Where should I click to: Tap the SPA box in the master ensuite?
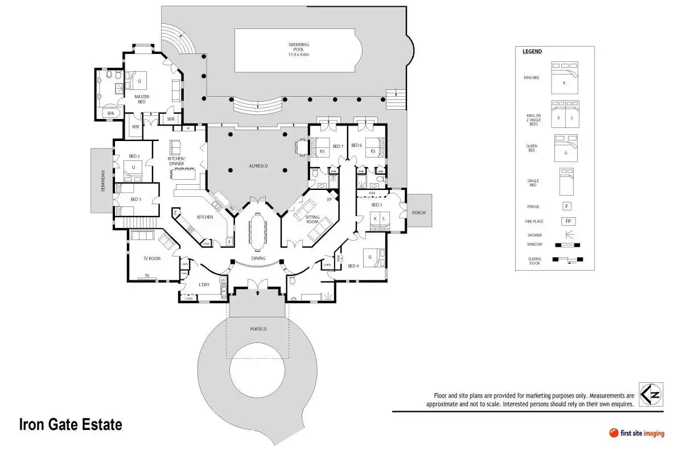[110, 113]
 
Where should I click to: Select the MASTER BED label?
[142, 99]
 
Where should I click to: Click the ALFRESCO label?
[258, 166]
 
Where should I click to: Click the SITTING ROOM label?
[312, 220]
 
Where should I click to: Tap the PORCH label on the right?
[418, 213]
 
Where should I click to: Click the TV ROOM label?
[152, 258]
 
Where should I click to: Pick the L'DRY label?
[204, 284]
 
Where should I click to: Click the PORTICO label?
[258, 329]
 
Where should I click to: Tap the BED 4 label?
[353, 266]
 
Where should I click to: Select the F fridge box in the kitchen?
[229, 242]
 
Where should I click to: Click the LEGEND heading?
[532, 52]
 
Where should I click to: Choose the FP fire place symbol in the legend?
[567, 221]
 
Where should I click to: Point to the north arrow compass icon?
[650, 394]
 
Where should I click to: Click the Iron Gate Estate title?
[71, 425]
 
